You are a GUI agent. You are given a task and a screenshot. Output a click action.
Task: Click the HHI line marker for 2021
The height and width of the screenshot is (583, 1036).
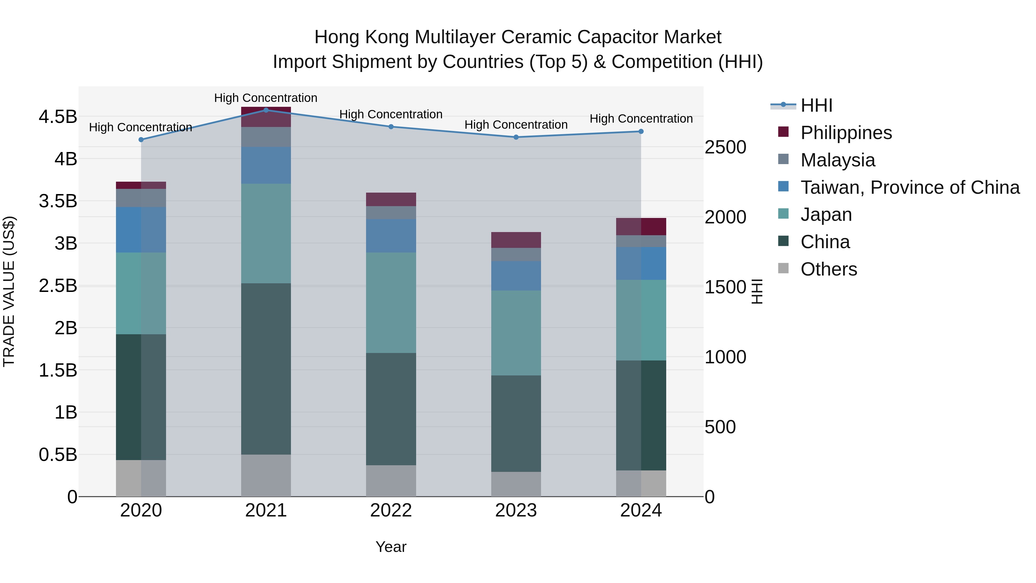click(266, 110)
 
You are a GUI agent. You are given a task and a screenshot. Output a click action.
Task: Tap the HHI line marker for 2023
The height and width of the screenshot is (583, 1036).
click(516, 137)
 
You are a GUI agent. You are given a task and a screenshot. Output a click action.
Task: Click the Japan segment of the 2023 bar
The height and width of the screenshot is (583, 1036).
click(516, 333)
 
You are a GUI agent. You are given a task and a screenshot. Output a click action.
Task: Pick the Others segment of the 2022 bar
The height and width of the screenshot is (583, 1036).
click(391, 481)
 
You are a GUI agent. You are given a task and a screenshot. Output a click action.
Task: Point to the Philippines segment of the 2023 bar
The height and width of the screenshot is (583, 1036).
click(516, 240)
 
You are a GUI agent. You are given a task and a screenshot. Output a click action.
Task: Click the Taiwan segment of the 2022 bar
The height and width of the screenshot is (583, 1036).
click(391, 236)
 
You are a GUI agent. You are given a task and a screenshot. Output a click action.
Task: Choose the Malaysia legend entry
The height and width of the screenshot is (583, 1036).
click(837, 160)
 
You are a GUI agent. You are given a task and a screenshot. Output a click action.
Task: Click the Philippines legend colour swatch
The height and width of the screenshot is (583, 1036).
click(783, 132)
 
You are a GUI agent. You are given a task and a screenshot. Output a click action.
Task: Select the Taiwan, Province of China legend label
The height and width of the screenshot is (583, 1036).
click(910, 187)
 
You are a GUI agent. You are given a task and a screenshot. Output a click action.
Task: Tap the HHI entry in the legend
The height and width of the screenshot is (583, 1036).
click(816, 105)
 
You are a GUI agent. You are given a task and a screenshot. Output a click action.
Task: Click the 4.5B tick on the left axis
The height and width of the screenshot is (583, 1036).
click(58, 117)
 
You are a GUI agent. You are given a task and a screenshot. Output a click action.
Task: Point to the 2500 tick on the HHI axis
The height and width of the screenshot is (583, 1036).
click(725, 147)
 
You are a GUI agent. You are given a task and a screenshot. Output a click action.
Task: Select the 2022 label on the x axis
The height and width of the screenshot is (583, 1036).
click(391, 510)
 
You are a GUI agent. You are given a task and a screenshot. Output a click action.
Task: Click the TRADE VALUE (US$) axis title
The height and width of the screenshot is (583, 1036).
click(9, 291)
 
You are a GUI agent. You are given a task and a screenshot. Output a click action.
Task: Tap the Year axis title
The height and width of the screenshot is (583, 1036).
click(391, 547)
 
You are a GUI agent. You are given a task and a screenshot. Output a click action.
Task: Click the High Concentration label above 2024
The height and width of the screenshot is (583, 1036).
click(641, 119)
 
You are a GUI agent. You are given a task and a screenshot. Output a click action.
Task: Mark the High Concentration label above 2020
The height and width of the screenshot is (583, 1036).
click(140, 128)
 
